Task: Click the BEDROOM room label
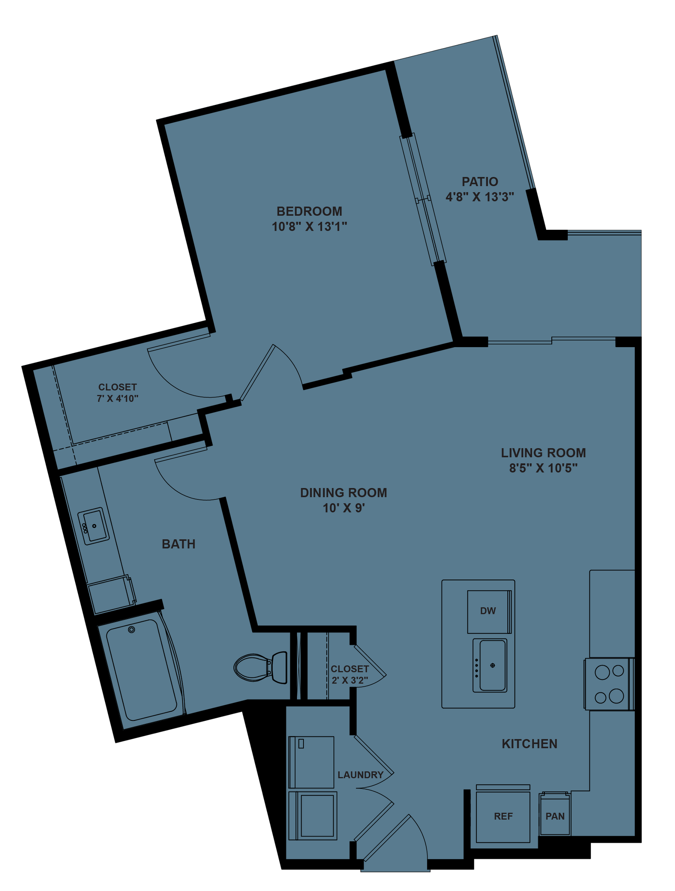click(309, 211)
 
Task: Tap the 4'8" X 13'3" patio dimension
click(480, 197)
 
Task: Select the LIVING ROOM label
click(543, 453)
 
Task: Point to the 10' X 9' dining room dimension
click(344, 508)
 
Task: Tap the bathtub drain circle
click(132, 630)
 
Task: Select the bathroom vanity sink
click(93, 526)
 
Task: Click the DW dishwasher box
click(488, 611)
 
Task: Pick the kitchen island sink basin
click(492, 665)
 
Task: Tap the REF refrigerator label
click(503, 817)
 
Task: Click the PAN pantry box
click(555, 816)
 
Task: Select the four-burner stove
click(609, 684)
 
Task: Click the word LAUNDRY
click(361, 775)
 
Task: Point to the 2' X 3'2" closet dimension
click(350, 680)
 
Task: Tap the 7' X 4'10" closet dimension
click(118, 398)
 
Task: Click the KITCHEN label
click(530, 744)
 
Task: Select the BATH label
click(179, 544)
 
